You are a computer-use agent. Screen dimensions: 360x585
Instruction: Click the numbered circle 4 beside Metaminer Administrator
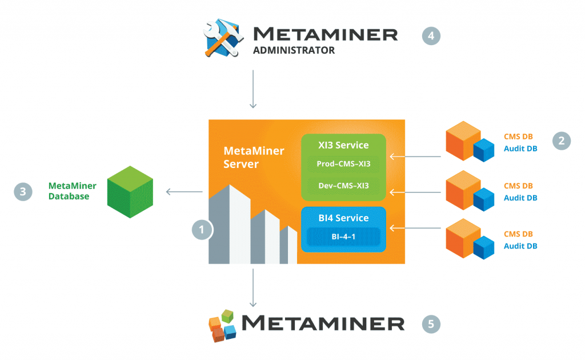coord(431,35)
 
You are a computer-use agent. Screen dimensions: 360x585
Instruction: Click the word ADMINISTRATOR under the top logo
coord(294,50)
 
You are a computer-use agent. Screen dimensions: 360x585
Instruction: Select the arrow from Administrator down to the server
coord(253,90)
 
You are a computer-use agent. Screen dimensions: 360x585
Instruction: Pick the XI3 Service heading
coord(343,145)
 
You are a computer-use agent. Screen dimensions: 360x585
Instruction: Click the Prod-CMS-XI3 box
coord(343,164)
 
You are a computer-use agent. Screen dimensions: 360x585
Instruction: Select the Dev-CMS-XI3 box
coord(343,186)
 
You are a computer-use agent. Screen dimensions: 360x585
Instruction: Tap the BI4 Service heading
coord(343,218)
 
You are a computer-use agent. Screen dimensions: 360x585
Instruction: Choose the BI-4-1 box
coord(343,235)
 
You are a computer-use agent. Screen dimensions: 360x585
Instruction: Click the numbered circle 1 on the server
coord(202,230)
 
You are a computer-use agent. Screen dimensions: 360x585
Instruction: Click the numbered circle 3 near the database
coord(23,191)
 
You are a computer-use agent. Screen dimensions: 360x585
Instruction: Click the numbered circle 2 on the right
coord(562,141)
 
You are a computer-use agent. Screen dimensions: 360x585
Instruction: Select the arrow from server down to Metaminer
coord(253,289)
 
